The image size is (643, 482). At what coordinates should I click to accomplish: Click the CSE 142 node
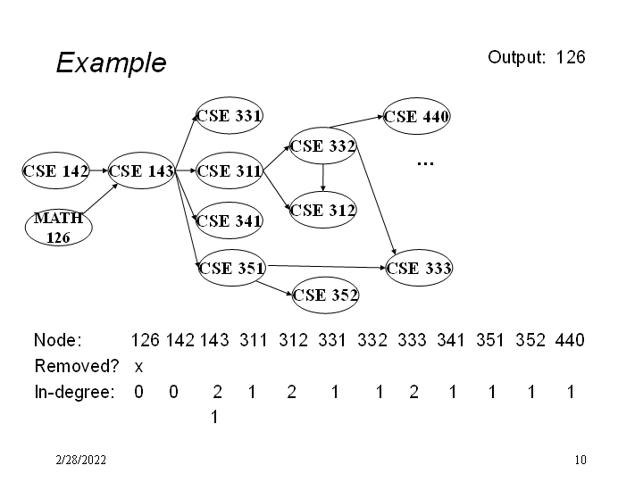pos(55,171)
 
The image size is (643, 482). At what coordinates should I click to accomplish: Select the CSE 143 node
pos(141,171)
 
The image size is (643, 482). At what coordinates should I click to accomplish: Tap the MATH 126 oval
pos(59,228)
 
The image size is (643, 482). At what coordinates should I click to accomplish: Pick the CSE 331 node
pos(230,115)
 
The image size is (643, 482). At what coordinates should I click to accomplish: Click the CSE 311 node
pos(230,171)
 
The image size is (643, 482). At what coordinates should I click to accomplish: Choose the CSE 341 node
pos(230,220)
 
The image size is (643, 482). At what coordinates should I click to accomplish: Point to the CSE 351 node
pos(231,267)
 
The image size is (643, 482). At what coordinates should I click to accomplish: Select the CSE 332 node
pos(323,145)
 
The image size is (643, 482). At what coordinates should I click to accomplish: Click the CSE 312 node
pos(323,211)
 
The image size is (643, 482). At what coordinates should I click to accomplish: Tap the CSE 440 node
pos(417,116)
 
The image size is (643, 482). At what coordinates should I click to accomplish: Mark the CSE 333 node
pos(419,267)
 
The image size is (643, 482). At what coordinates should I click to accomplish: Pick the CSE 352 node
pos(325,294)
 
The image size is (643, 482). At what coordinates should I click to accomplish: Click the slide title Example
pos(111,62)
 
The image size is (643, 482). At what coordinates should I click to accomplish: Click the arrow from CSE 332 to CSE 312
pos(322,178)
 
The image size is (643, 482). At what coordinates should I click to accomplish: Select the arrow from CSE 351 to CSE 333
pos(326,265)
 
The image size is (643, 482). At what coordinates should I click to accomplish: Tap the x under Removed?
pos(138,367)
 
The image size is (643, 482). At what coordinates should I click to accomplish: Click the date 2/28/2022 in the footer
pos(80,461)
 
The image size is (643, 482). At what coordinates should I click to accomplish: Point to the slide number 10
pos(580,461)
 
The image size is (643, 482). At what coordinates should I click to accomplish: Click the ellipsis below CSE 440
pos(425,164)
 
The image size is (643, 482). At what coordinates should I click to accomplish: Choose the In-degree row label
pos(74,392)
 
